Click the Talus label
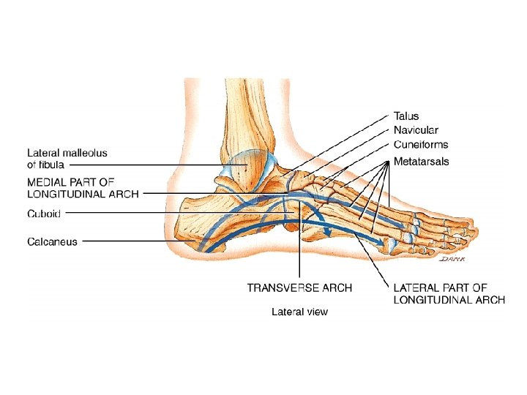click(x=406, y=116)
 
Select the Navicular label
click(x=416, y=130)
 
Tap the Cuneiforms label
click(x=421, y=145)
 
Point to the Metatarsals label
click(x=421, y=160)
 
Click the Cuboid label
click(x=44, y=213)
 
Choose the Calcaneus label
click(x=52, y=241)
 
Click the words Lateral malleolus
click(x=67, y=153)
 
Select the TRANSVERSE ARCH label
click(x=299, y=287)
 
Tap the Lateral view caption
click(x=299, y=312)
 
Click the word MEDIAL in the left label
click(x=46, y=181)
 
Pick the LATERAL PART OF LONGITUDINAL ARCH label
click(x=449, y=294)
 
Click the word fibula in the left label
click(x=51, y=165)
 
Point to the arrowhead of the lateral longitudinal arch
click(x=381, y=241)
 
